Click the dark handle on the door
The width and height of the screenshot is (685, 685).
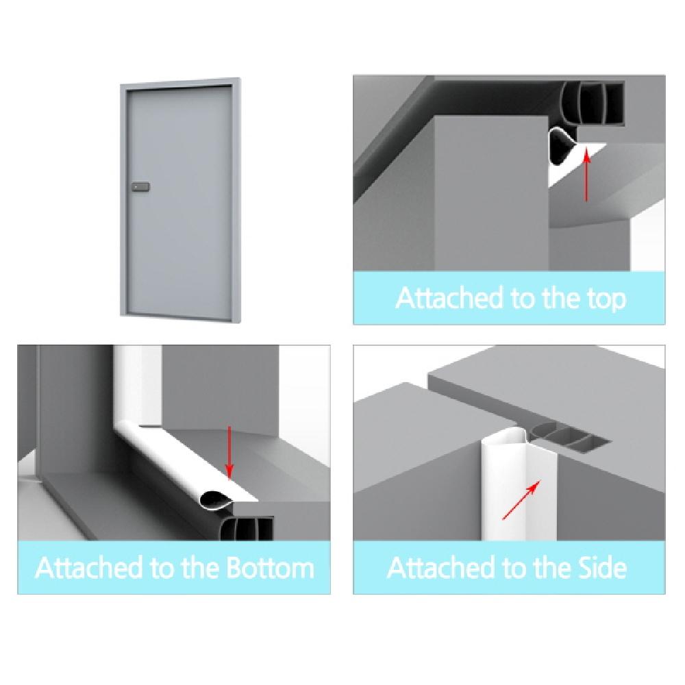140,187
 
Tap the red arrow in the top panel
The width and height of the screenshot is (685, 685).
587,174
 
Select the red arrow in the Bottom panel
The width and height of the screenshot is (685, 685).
229,453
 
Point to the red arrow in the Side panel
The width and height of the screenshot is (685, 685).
521,500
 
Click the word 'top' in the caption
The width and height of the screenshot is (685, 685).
605,299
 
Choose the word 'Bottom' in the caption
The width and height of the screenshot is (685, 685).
270,568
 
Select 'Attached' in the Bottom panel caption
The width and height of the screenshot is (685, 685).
89,568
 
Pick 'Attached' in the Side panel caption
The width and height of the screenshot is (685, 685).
441,568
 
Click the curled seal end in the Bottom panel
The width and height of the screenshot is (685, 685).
214,500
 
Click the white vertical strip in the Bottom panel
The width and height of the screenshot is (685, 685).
138,384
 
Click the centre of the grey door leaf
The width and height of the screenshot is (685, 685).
179,199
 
